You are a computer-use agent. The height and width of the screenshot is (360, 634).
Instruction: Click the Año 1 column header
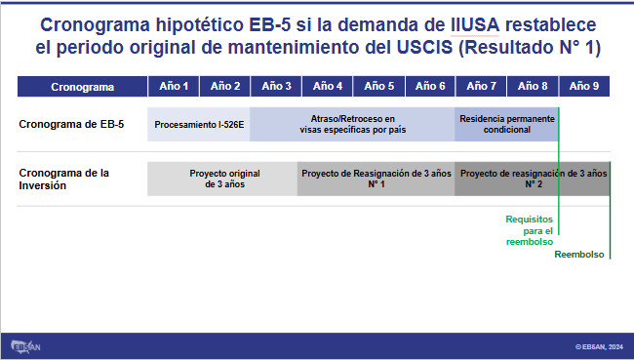(x=174, y=86)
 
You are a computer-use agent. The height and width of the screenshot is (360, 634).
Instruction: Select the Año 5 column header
(x=378, y=86)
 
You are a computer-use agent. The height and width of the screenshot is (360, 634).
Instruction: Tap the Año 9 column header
(x=584, y=86)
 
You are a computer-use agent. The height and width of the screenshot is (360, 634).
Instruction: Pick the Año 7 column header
(x=481, y=86)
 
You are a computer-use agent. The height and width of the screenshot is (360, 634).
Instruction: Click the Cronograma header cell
(x=82, y=87)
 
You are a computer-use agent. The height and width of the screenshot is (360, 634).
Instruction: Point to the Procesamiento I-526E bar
(x=199, y=124)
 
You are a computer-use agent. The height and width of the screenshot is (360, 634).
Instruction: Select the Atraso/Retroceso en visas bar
(x=352, y=124)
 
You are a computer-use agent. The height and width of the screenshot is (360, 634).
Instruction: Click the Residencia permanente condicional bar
(x=506, y=124)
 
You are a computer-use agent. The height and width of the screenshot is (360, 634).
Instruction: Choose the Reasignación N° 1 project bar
(x=376, y=179)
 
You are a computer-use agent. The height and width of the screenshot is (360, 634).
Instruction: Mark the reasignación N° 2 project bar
(x=533, y=179)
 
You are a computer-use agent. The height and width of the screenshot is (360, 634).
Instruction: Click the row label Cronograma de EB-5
(x=71, y=124)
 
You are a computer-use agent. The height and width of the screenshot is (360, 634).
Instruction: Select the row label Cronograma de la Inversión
(x=63, y=180)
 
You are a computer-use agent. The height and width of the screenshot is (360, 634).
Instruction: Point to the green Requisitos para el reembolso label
(x=530, y=230)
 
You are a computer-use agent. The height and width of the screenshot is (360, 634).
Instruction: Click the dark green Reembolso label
(x=579, y=255)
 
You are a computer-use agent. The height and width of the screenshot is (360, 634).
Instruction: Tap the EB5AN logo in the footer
(x=25, y=346)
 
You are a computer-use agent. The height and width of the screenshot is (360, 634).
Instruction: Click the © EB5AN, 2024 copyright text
(x=599, y=346)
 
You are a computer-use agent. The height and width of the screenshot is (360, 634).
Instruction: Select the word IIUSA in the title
(x=475, y=25)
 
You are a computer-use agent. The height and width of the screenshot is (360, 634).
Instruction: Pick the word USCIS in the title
(x=424, y=48)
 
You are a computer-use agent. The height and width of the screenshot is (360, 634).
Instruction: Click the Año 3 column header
(x=276, y=86)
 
